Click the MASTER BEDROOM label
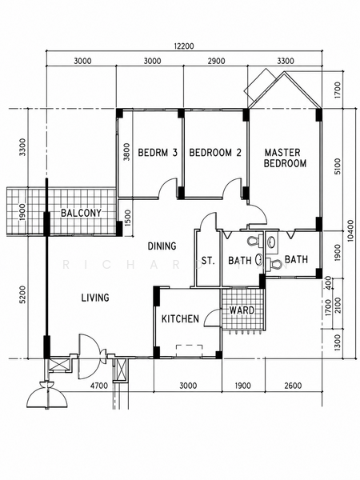click(285, 158)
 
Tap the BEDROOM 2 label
click(215, 153)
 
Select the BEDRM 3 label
click(158, 153)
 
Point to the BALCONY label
click(81, 213)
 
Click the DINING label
click(162, 246)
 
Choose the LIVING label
click(95, 298)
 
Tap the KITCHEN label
click(180, 319)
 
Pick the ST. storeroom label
click(208, 261)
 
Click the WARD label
click(242, 310)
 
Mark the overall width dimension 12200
click(184, 46)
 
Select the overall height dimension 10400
click(351, 230)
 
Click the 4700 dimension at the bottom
click(99, 386)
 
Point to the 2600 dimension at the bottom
click(293, 386)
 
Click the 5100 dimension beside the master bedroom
click(337, 166)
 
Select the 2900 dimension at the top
click(217, 61)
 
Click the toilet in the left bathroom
click(255, 241)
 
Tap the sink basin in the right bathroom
click(271, 243)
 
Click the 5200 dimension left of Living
click(23, 294)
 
